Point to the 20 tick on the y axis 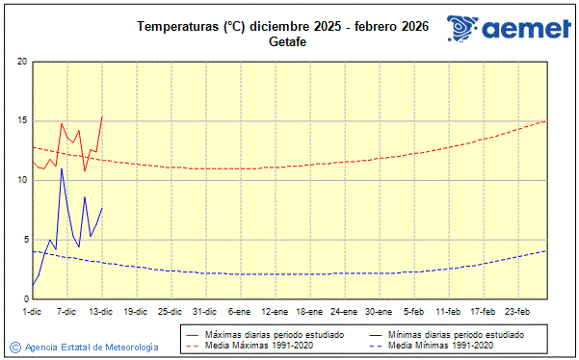pyautogui.click(x=21, y=62)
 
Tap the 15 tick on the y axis pyautogui.click(x=21, y=121)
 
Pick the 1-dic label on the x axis pyautogui.click(x=33, y=311)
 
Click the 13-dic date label pyautogui.click(x=101, y=311)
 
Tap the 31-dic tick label pyautogui.click(x=205, y=311)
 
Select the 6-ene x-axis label pyautogui.click(x=240, y=311)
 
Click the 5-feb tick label pyautogui.click(x=414, y=311)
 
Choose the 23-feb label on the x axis pyautogui.click(x=517, y=311)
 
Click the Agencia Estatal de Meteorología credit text pyautogui.click(x=92, y=347)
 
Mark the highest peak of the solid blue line pyautogui.click(x=62, y=168)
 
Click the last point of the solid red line pyautogui.click(x=102, y=116)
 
